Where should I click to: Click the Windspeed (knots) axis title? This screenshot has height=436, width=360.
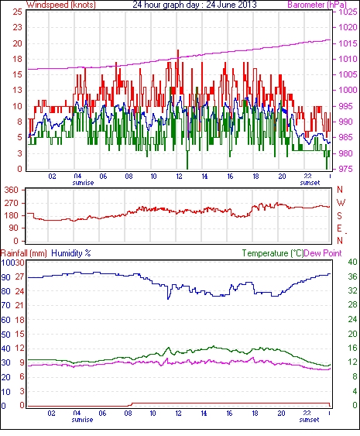[x=61, y=5]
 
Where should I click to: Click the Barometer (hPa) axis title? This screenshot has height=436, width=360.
[x=317, y=5]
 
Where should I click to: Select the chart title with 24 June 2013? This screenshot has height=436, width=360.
[x=194, y=5]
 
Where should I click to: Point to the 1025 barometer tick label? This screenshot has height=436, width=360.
[x=348, y=12]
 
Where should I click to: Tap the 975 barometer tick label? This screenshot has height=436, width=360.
[x=346, y=169]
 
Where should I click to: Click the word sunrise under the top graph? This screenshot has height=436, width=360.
[x=83, y=183]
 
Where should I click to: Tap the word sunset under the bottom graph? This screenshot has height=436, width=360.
[x=309, y=420]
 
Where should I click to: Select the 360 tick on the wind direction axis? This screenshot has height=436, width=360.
[x=12, y=191]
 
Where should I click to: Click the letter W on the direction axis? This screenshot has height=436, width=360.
[x=341, y=203]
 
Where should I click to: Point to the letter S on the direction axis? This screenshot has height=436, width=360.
[x=339, y=216]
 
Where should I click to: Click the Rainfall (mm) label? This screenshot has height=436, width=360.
[x=24, y=253]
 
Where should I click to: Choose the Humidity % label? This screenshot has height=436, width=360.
[x=71, y=253]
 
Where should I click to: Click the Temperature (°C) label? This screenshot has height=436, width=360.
[x=273, y=253]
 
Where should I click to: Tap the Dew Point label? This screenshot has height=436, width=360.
[x=323, y=253]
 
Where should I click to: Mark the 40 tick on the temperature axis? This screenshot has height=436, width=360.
[x=352, y=263]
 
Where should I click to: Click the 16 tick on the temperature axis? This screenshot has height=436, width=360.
[x=352, y=348]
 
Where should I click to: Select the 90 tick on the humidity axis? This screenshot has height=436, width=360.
[x=6, y=277]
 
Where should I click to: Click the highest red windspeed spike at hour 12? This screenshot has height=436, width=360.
[x=178, y=50]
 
